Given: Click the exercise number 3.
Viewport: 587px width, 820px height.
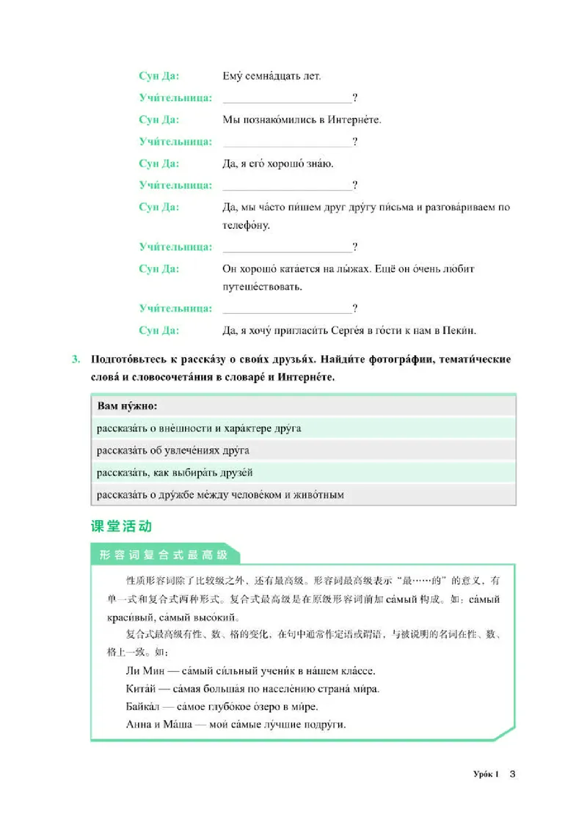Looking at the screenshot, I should pyautogui.click(x=76, y=359).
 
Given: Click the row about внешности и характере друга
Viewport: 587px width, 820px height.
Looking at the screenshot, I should pyautogui.click(x=198, y=428).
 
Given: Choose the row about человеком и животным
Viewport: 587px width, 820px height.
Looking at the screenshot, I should pyautogui.click(x=220, y=495).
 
